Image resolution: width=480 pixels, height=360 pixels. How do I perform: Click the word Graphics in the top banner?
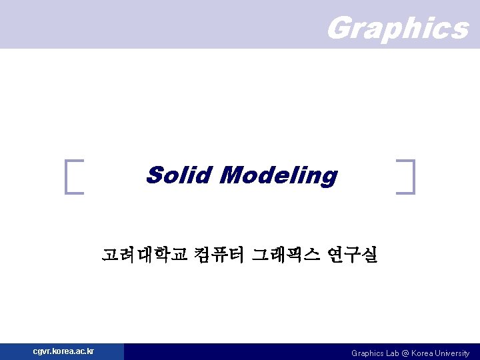click(398, 28)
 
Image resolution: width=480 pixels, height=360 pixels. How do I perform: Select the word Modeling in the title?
click(278, 176)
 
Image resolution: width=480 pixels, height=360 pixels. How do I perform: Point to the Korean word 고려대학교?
click(145, 254)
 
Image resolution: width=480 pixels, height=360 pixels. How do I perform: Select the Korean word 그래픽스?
click(286, 254)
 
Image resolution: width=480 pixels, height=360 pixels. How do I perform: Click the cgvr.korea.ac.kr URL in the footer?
click(63, 351)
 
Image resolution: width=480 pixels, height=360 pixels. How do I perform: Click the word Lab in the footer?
click(393, 353)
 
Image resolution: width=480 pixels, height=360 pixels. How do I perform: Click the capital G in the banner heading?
click(340, 28)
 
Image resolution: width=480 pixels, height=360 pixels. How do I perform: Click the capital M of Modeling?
click(231, 175)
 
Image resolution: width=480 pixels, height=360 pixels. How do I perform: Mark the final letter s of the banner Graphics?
click(459, 29)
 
